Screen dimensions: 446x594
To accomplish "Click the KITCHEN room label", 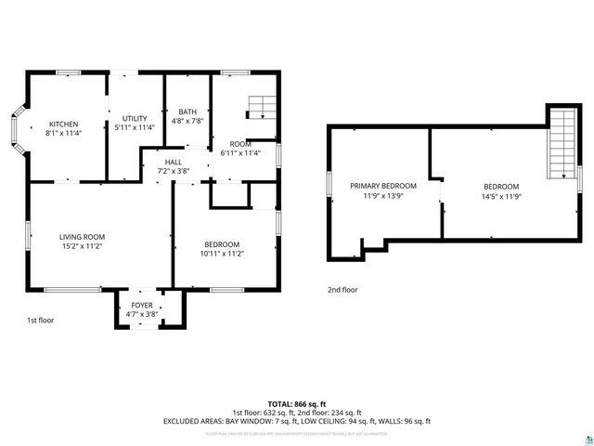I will click(x=63, y=125).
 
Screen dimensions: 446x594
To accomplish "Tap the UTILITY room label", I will click(x=136, y=118).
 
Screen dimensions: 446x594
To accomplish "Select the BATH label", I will click(x=187, y=112).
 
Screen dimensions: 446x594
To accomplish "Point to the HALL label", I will click(x=174, y=162).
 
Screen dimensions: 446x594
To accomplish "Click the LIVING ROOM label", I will click(x=82, y=237).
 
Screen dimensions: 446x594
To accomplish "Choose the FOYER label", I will click(x=141, y=304).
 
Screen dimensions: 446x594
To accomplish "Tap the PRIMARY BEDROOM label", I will click(x=382, y=186).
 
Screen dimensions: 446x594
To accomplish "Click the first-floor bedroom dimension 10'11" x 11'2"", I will click(x=222, y=254).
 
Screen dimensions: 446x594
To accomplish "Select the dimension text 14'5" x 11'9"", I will click(x=500, y=196).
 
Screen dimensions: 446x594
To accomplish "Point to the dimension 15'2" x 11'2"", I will click(x=82, y=247).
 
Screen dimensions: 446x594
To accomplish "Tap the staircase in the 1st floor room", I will click(x=262, y=106).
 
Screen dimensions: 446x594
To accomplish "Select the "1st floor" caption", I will click(x=41, y=321).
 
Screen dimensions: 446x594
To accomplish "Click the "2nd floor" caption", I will click(x=342, y=290).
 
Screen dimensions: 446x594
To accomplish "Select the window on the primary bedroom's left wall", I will click(x=329, y=185).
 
